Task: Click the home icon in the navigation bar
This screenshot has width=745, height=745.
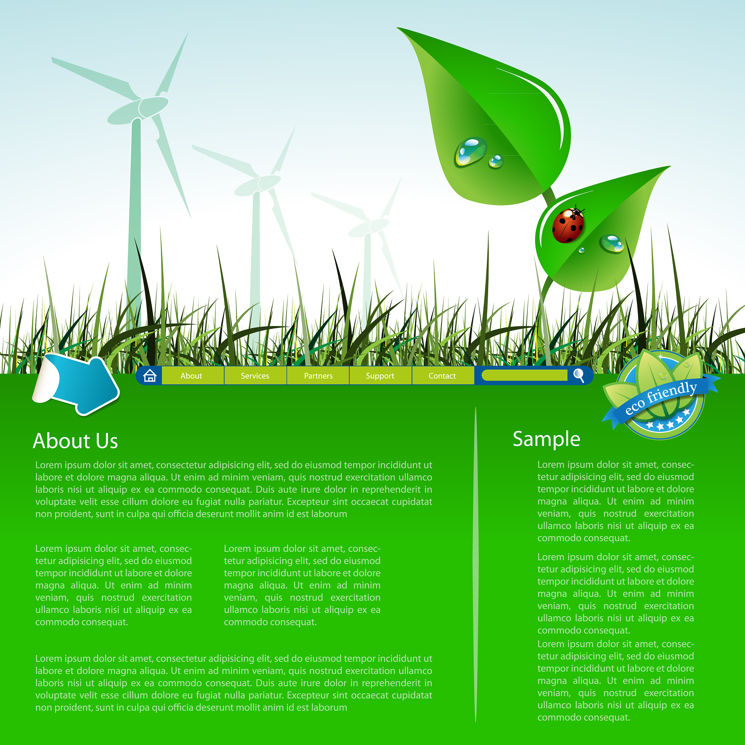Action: coord(150,375)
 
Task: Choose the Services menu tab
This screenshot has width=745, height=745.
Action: coord(255,375)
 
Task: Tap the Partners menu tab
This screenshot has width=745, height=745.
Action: coord(318,375)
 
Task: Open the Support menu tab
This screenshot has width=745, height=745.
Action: coord(381,375)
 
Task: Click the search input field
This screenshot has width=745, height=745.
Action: coord(525,375)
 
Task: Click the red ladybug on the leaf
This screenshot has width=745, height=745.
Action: coord(568,225)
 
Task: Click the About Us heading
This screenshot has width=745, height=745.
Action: coord(75,441)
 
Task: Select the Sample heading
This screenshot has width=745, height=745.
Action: coord(546,439)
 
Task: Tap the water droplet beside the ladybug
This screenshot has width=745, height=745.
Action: coord(612,243)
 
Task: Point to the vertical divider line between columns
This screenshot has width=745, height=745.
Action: coord(475,564)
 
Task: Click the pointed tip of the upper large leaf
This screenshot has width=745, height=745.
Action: coord(397,28)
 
